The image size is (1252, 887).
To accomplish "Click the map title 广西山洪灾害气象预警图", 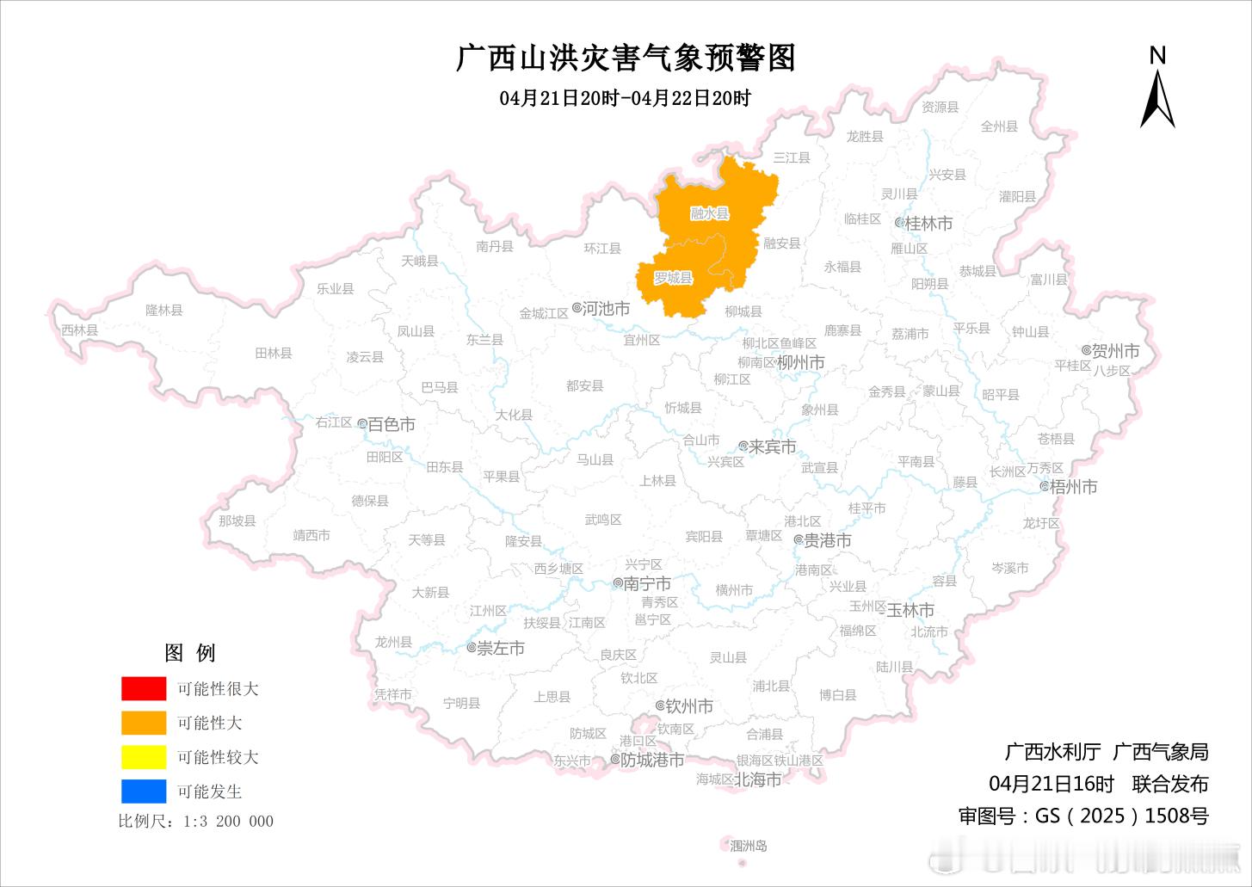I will point(626,58).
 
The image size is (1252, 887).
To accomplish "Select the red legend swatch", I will point(144,688).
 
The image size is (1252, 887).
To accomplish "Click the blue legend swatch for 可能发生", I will point(144,791).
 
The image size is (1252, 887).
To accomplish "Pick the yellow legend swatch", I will point(144,757).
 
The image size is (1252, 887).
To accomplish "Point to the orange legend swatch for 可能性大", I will point(144,723).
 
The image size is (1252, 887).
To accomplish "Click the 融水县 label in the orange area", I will point(709,213).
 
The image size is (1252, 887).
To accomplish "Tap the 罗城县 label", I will point(673,278).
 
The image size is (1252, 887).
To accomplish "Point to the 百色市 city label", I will point(392,424).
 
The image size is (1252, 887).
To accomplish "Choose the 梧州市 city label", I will point(1073,487).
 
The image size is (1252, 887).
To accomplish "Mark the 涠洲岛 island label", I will point(748,846).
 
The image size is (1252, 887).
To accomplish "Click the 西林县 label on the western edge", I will point(79,330).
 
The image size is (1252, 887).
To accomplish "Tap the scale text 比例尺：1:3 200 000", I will point(196,821).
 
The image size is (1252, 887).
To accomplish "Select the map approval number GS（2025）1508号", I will point(1083,815).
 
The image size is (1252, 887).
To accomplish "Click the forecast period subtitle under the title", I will point(625,98).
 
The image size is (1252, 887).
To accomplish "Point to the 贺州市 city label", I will point(1115,351).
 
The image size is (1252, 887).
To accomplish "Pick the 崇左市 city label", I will point(500,649).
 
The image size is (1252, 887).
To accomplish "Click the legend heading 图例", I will point(190,653).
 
